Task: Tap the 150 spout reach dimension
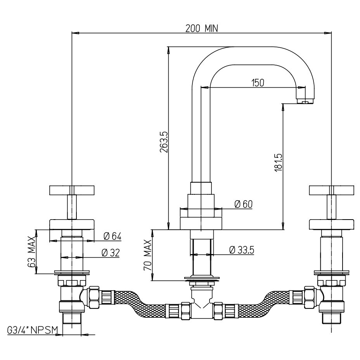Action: pyautogui.click(x=258, y=82)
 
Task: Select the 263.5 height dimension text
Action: pyautogui.click(x=163, y=141)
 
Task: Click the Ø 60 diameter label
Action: pyautogui.click(x=244, y=204)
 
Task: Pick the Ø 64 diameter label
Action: pyautogui.click(x=112, y=236)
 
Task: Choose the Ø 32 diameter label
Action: pyautogui.click(x=110, y=253)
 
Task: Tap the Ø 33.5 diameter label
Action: pyautogui.click(x=241, y=250)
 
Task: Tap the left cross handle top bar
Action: pyautogui.click(x=72, y=190)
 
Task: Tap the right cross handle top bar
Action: pyautogui.click(x=331, y=190)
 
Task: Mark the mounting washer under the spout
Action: pyautogui.click(x=202, y=278)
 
